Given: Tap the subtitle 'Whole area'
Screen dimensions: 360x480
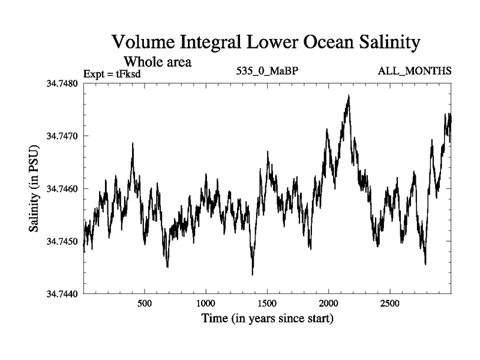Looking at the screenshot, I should click(x=157, y=61).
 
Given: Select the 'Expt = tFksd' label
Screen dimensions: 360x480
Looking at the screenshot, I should click(x=115, y=74).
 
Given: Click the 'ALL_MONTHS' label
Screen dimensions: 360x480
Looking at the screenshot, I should click(x=415, y=71).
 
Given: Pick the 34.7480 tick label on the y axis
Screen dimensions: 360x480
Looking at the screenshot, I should click(x=63, y=83).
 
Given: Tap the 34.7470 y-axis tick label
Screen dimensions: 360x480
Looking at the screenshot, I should click(x=63, y=136).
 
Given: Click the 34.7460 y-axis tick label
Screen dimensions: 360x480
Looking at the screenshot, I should click(x=63, y=188).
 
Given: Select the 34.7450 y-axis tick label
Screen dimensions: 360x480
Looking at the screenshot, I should click(x=63, y=241).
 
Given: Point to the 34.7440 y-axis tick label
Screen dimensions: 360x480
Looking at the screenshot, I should click(x=63, y=294).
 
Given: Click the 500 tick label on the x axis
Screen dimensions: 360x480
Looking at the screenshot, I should click(x=145, y=304).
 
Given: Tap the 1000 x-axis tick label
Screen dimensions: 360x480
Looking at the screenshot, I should click(x=206, y=304).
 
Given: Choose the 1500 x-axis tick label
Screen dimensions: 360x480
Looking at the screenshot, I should click(x=267, y=304).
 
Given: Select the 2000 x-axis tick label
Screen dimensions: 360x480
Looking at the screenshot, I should click(x=329, y=304).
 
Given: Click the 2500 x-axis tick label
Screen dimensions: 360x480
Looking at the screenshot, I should click(x=390, y=304).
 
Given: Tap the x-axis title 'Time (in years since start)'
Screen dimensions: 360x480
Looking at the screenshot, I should click(x=267, y=318).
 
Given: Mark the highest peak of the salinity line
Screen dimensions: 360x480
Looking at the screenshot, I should click(x=349, y=95).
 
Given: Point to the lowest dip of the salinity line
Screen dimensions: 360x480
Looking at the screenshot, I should click(x=253, y=274).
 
